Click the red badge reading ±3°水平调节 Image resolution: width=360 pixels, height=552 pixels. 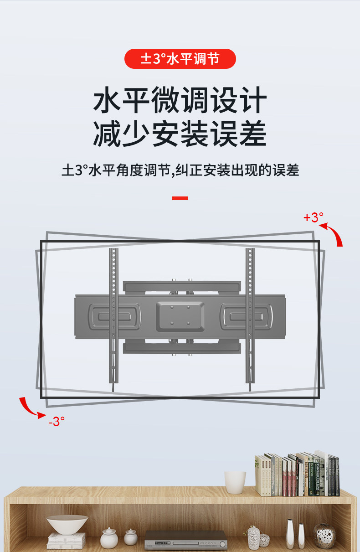coord(180,59)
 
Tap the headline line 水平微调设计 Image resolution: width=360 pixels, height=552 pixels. coord(180,101)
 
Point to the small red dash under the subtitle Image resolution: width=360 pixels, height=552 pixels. coord(180,198)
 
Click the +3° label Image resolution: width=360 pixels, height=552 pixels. coord(313,217)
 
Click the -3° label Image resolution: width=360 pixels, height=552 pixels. coord(56,422)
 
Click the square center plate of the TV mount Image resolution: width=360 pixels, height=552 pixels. coord(180,316)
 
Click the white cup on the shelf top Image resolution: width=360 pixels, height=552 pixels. coord(235,482)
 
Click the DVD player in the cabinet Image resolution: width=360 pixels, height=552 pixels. coord(185,540)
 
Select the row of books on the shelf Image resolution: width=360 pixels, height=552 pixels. coord(297,475)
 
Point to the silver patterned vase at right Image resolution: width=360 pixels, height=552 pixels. coord(324,536)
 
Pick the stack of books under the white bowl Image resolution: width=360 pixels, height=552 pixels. coord(67,541)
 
